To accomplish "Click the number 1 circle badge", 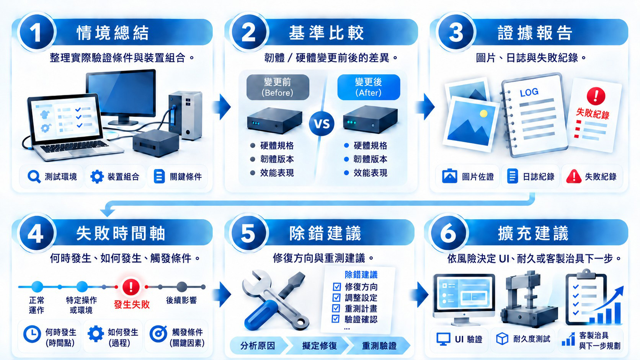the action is [36, 33].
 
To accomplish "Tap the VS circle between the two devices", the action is [322, 124].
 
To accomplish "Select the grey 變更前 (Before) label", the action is [278, 87].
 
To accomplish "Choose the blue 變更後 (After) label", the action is [369, 87].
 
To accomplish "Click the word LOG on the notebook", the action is [529, 92].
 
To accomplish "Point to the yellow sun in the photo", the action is [483, 114].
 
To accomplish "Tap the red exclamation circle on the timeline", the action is [131, 286].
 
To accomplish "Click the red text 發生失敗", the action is [132, 304].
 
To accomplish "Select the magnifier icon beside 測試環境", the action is [34, 177].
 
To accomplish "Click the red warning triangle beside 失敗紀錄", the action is [574, 176].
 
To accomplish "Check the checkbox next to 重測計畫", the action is [336, 308].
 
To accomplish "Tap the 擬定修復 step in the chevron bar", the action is [320, 346].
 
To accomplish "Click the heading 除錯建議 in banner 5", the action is [325, 233].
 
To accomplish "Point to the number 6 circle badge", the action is [448, 233].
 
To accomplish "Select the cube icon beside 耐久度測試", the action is [502, 339].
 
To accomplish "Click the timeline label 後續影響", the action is [181, 300].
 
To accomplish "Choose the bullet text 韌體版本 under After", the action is [370, 159].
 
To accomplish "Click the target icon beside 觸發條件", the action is [158, 334].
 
